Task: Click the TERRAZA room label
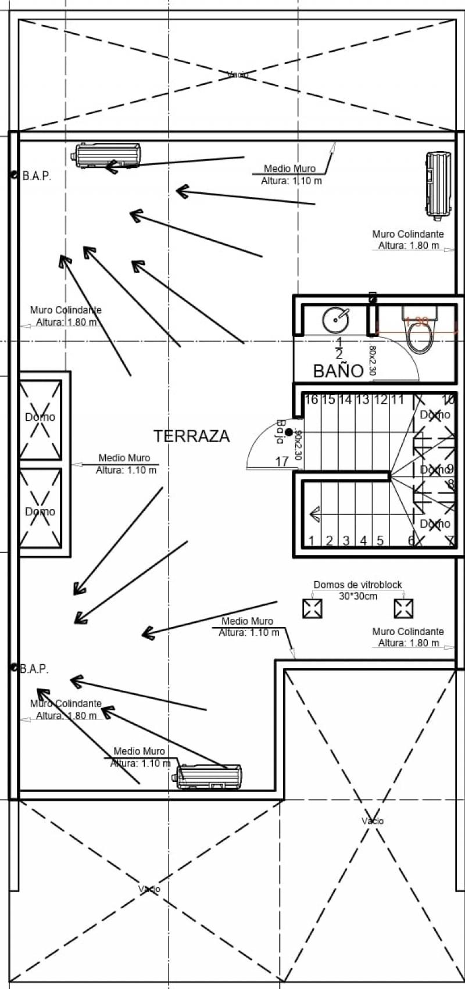click(x=191, y=436)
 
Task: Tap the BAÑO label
click(x=338, y=371)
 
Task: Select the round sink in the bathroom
click(x=335, y=318)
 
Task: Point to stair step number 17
click(x=282, y=462)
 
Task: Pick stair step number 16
click(x=312, y=400)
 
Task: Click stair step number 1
click(x=312, y=541)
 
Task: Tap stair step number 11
click(x=397, y=400)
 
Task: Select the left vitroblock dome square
click(x=312, y=608)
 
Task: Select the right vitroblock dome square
click(x=403, y=608)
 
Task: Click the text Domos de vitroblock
click(x=357, y=585)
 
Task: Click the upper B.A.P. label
click(x=37, y=177)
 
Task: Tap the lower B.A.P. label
click(x=34, y=669)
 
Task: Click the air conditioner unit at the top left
click(x=107, y=155)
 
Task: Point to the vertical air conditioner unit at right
click(x=438, y=184)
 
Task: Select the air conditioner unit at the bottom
click(x=209, y=777)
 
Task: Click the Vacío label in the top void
click(x=238, y=74)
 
